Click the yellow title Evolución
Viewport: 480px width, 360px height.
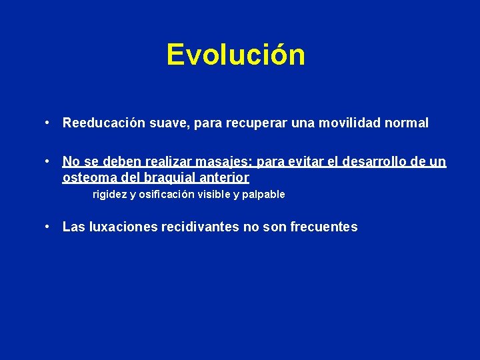(x=236, y=55)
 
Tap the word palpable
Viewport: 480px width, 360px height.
(x=263, y=195)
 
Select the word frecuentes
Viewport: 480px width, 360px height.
(x=324, y=227)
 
